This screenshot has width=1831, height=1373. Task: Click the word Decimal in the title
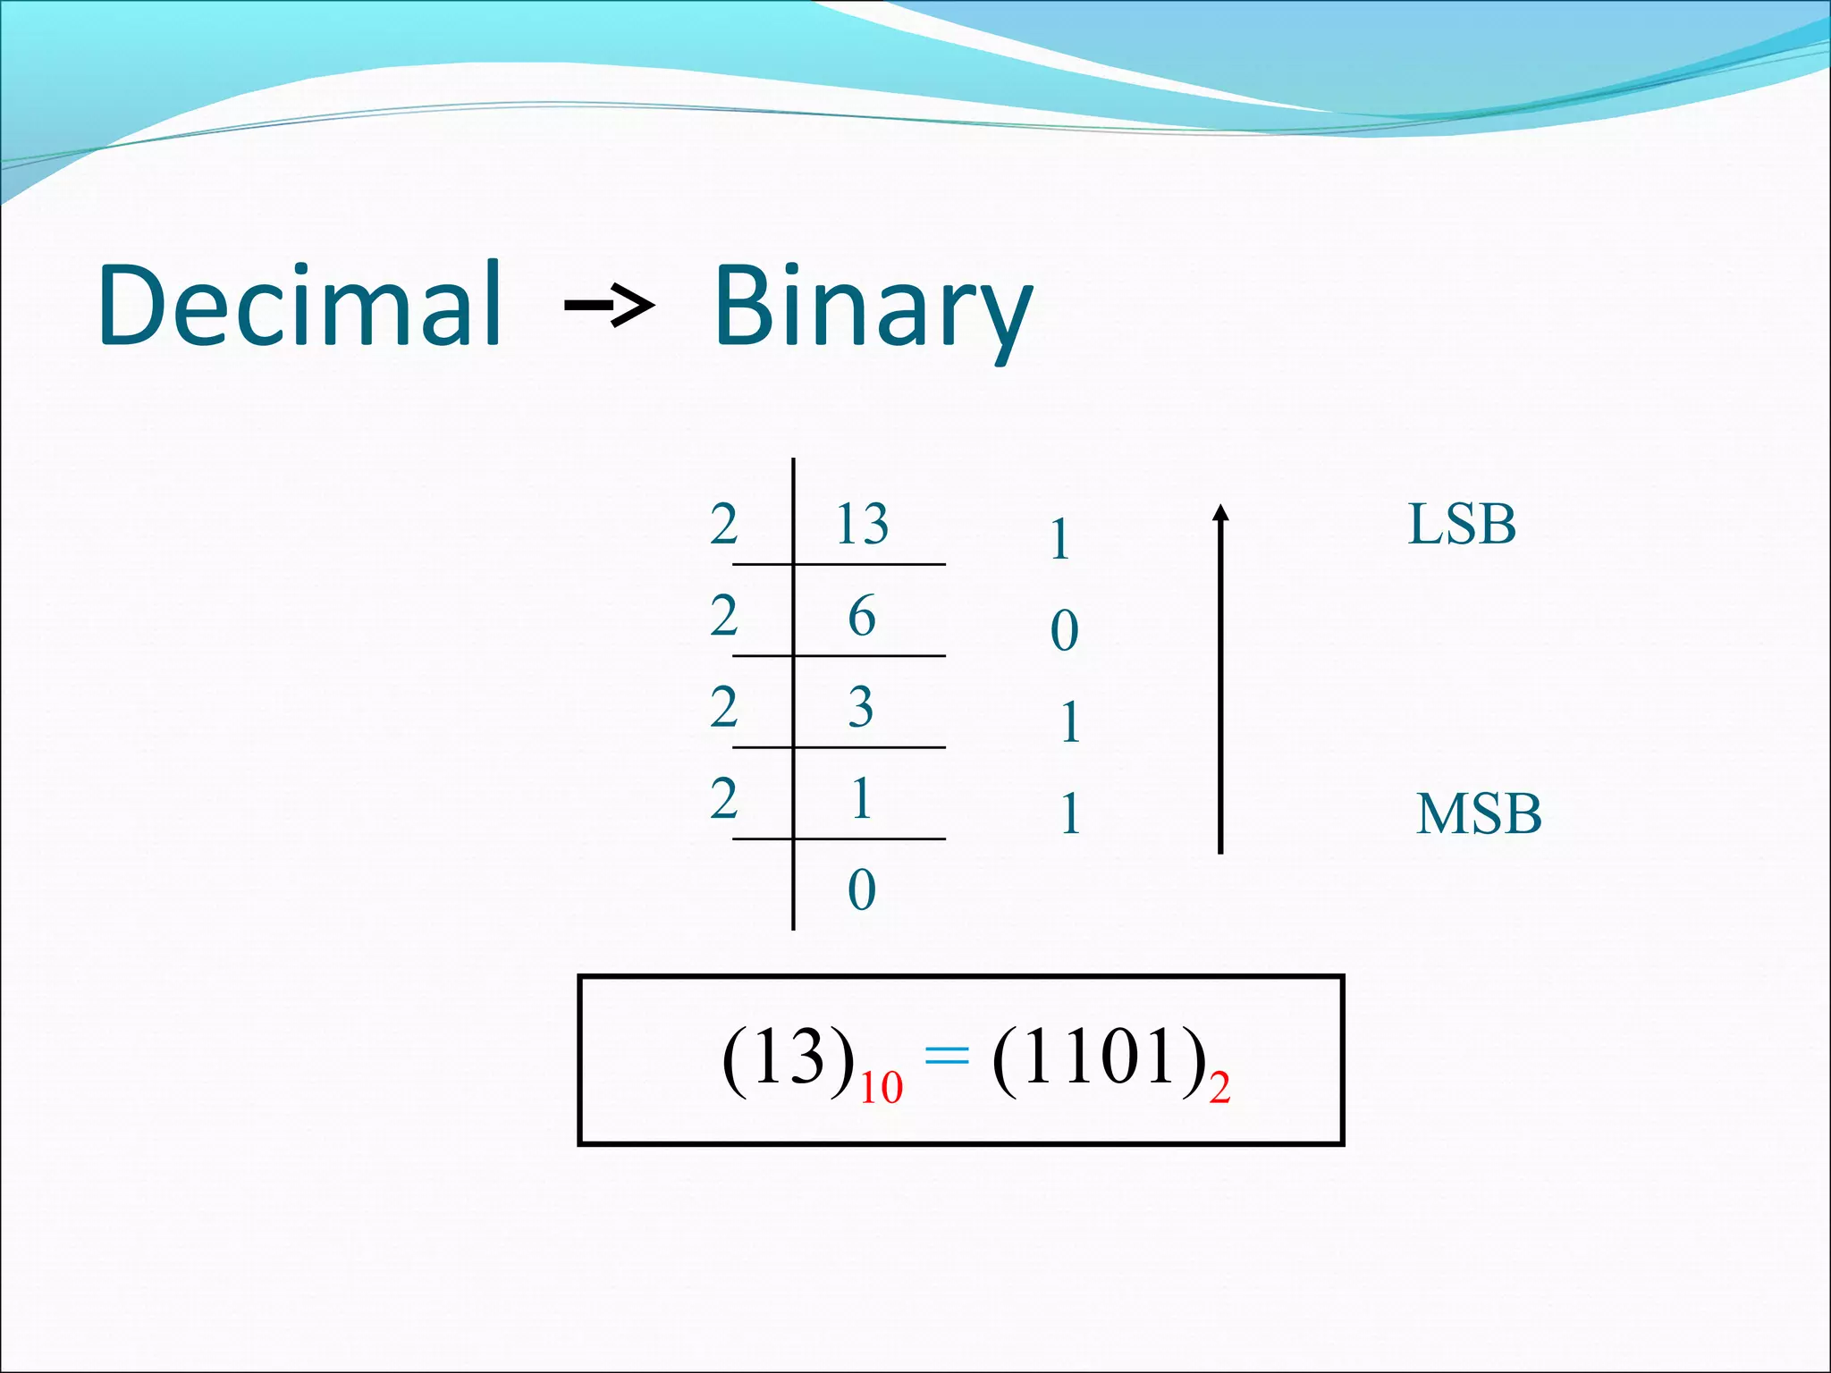[300, 305]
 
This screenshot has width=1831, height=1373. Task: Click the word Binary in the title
[873, 308]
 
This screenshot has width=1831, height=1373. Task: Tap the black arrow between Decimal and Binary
[610, 307]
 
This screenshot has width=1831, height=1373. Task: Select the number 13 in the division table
[861, 525]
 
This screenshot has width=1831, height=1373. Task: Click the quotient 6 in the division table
[861, 617]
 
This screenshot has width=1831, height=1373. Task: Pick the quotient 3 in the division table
[860, 708]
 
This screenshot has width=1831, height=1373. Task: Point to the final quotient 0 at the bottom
[861, 890]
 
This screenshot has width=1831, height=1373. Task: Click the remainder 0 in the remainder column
[1064, 631]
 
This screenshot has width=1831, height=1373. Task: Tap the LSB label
[1462, 525]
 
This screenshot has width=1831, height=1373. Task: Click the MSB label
[1479, 814]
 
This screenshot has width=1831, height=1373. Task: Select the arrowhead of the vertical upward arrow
[1220, 512]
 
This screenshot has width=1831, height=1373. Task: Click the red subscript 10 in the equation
[881, 1088]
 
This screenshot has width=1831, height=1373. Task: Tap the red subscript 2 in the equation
[1219, 1088]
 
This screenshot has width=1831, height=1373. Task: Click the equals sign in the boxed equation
[946, 1057]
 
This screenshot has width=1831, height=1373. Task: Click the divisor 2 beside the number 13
[723, 525]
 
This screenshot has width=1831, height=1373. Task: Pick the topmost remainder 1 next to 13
[1060, 540]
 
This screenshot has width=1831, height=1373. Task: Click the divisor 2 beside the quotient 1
[723, 799]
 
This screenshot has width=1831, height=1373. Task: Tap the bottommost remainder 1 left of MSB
[1070, 814]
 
